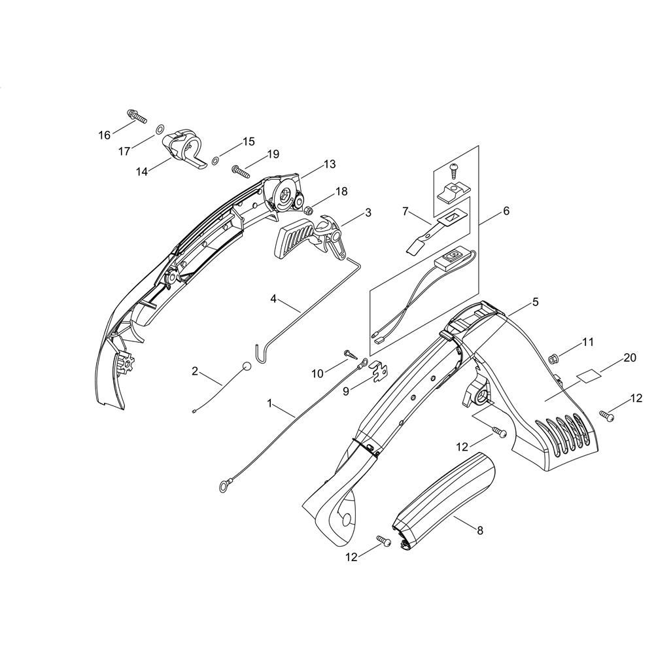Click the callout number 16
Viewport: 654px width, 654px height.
tap(105, 135)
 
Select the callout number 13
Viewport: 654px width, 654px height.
tap(329, 163)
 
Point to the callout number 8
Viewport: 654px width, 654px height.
tap(480, 530)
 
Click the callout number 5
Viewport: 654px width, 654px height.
tap(535, 301)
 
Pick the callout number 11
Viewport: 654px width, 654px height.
tap(588, 341)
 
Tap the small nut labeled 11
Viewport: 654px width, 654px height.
tap(553, 357)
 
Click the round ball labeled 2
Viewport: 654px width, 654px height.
tap(246, 366)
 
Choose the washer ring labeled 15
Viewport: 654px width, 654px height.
tap(215, 160)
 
